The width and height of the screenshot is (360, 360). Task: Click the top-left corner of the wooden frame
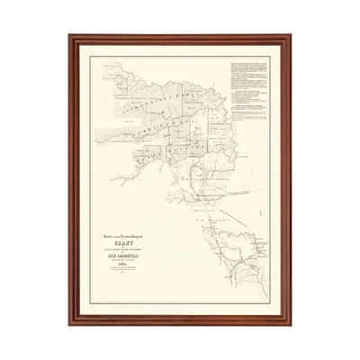pos(71,37)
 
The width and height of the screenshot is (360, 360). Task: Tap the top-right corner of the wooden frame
pos(290,37)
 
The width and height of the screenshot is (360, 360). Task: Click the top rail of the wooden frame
pos(180,38)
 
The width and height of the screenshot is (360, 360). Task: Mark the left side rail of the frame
pos(72,180)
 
